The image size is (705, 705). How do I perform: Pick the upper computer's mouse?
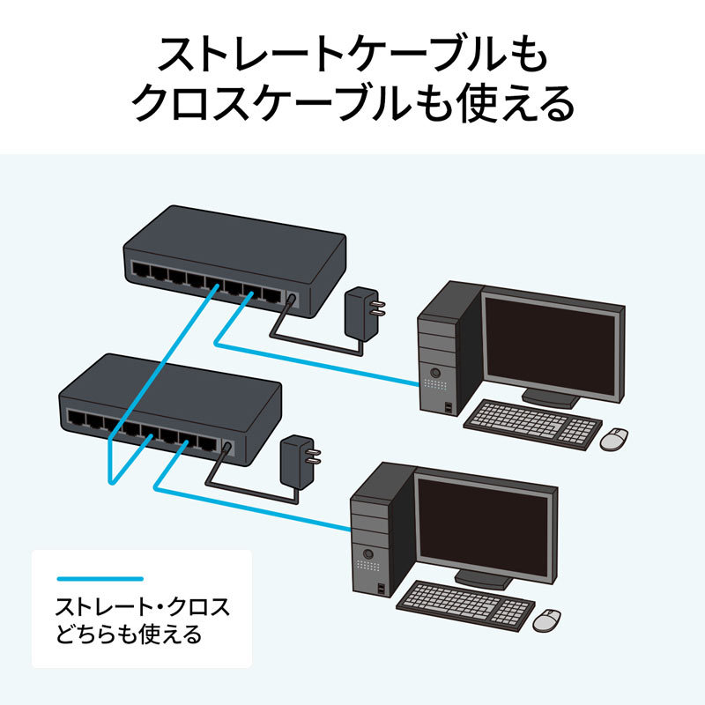(x=614, y=438)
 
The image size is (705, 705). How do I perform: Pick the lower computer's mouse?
(x=548, y=619)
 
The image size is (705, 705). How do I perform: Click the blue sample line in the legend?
(x=99, y=579)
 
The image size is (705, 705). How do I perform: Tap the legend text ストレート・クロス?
(x=141, y=607)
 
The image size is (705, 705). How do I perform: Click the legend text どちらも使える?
(x=129, y=634)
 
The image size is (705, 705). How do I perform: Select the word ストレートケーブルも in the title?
(x=352, y=55)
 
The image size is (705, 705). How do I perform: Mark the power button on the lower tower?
(x=367, y=553)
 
